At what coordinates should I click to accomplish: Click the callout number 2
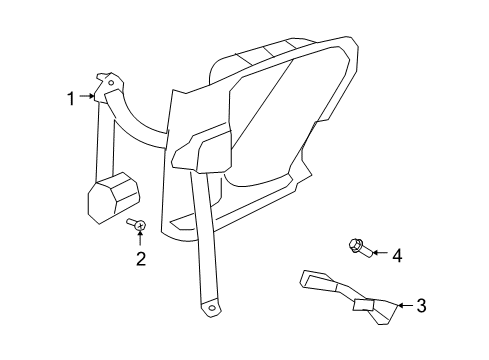tap(141, 259)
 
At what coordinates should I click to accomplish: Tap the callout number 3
tap(421, 305)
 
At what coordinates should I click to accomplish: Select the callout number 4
tap(397, 256)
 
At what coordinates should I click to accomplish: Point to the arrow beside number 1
tap(87, 97)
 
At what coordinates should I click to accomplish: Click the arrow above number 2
tap(141, 238)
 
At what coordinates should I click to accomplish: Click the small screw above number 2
tap(141, 225)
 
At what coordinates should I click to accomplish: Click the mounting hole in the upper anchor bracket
tap(111, 84)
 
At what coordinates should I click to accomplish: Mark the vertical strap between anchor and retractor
tap(103, 140)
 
